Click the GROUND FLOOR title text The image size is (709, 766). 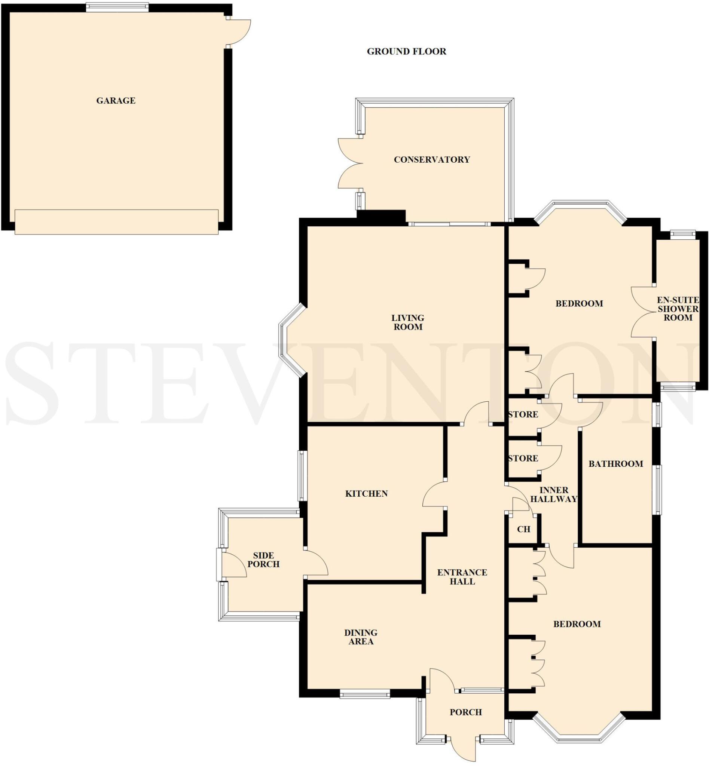(x=406, y=51)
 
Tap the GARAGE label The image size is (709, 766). (x=116, y=101)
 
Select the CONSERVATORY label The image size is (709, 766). (x=432, y=160)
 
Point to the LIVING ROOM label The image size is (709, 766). (x=407, y=322)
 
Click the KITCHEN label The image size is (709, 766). (x=366, y=494)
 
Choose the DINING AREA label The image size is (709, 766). (x=361, y=637)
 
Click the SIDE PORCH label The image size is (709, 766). (x=263, y=560)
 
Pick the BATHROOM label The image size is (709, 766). (x=615, y=464)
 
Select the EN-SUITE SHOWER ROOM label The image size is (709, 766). (x=678, y=309)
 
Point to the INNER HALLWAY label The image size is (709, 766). (x=554, y=494)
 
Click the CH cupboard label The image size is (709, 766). (x=523, y=529)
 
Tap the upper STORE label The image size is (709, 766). (x=523, y=415)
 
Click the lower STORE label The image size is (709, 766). (x=523, y=459)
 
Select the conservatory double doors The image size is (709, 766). (x=350, y=163)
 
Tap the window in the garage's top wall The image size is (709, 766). (x=117, y=6)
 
